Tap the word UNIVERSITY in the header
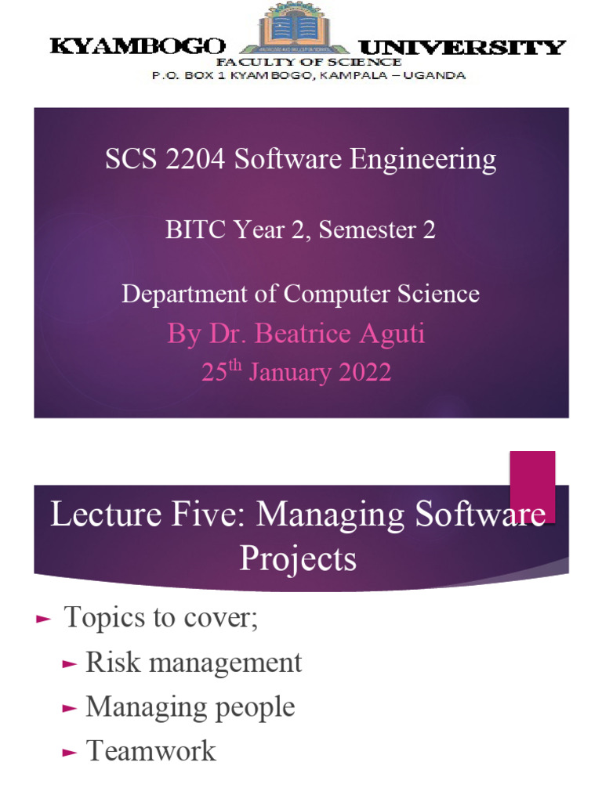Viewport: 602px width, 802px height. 462,47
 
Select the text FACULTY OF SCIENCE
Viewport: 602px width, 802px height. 308,62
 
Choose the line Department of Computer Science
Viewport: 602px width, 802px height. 300,294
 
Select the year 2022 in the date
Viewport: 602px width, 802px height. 365,372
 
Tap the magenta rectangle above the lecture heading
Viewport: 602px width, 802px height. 532,486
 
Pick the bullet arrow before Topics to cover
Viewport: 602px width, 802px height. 43,619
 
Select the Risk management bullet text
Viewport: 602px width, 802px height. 193,663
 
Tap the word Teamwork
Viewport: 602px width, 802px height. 150,751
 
